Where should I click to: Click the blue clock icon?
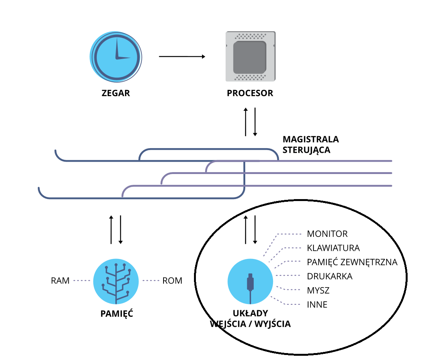(116, 56)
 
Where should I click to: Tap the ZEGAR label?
(116, 93)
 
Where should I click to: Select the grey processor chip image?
(250, 56)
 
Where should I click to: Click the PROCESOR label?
(250, 93)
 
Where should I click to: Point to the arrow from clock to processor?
(182, 57)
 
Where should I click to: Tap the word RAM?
(60, 281)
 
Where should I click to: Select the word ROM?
(172, 281)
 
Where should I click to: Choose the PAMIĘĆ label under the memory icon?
(116, 314)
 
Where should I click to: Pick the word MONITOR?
(327, 234)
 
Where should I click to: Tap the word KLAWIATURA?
(333, 248)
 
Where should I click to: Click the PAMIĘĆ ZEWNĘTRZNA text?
(352, 262)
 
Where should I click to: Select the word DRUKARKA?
(329, 276)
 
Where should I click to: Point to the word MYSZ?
(318, 290)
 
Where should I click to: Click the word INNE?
(317, 304)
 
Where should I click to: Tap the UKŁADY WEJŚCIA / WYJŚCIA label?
(250, 318)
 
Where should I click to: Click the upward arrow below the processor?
(246, 122)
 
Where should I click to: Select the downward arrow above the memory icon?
(120, 230)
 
